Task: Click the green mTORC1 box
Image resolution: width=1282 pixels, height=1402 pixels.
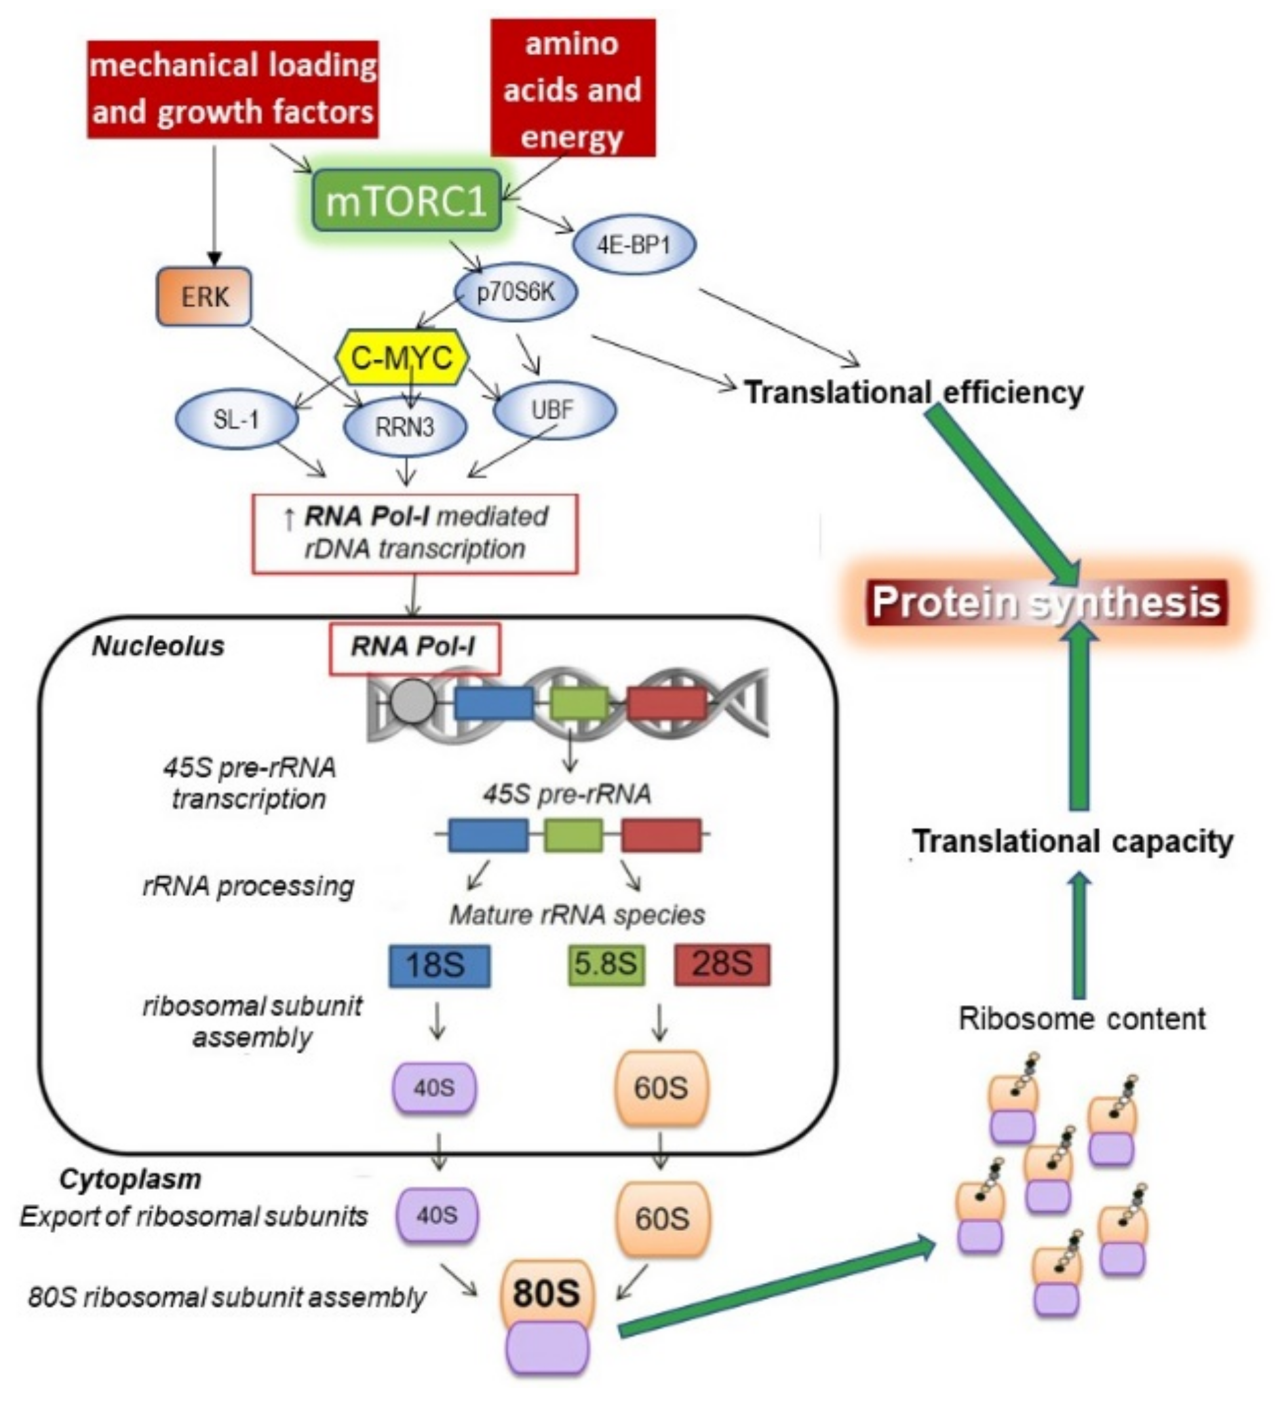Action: click(407, 201)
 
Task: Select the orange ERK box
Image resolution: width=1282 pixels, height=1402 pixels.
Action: click(204, 297)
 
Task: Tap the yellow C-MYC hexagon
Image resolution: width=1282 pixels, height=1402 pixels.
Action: click(401, 358)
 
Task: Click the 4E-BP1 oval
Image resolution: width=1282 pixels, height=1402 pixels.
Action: click(634, 246)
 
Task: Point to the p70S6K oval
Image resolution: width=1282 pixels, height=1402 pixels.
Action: click(515, 293)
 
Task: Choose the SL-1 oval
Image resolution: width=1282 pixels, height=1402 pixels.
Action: click(237, 419)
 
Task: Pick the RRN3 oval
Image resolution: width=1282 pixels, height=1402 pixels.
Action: click(405, 427)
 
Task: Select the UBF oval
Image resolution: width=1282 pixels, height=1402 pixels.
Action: click(554, 410)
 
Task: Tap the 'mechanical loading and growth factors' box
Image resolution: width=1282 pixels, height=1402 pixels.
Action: click(233, 89)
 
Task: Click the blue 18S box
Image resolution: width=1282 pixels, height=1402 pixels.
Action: click(439, 966)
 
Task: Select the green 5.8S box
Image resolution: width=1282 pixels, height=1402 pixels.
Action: click(606, 964)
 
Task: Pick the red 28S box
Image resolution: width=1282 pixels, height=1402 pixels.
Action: click(722, 964)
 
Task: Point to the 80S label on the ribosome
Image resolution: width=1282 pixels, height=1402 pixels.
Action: click(546, 1293)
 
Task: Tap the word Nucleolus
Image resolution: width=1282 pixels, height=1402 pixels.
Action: click(159, 646)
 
